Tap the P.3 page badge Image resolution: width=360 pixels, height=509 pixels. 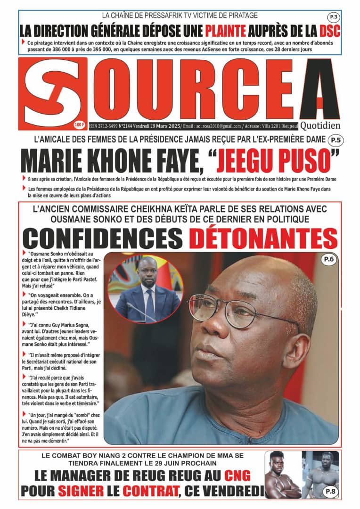[x=333, y=17]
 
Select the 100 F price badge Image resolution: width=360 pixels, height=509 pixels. [x=79, y=125]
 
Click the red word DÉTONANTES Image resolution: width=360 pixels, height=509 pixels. [x=263, y=238]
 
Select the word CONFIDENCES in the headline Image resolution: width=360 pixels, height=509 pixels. [x=103, y=238]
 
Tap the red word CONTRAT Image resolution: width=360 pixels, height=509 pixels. [x=152, y=491]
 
